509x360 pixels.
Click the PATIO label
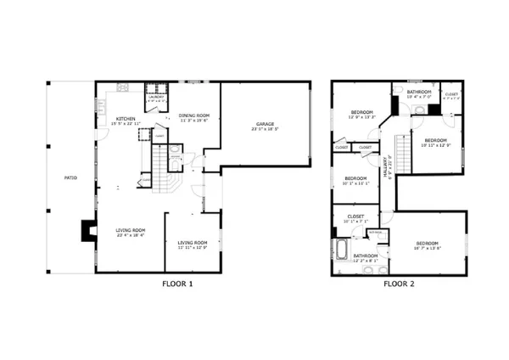point(70,177)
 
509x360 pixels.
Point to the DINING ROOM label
point(195,118)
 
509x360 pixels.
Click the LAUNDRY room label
point(155,98)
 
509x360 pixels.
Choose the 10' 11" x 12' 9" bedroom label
point(435,142)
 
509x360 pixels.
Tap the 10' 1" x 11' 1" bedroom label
point(355,181)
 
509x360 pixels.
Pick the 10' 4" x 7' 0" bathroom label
point(418,94)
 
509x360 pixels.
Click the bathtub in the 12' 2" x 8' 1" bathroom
point(340,253)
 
